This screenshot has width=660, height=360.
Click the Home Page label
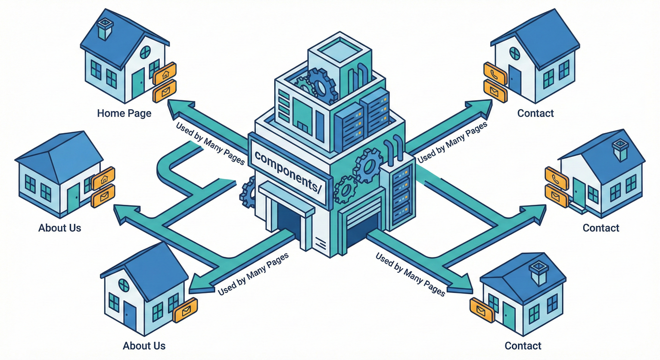tap(124, 113)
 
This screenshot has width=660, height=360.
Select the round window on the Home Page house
tap(145, 51)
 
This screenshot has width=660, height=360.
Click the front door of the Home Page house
tap(138, 83)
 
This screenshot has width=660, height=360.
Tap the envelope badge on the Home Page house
tap(165, 90)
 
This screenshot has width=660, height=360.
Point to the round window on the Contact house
tap(514, 53)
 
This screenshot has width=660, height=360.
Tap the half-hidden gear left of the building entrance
tap(247, 193)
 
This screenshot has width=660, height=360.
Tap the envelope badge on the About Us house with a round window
tap(185, 310)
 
